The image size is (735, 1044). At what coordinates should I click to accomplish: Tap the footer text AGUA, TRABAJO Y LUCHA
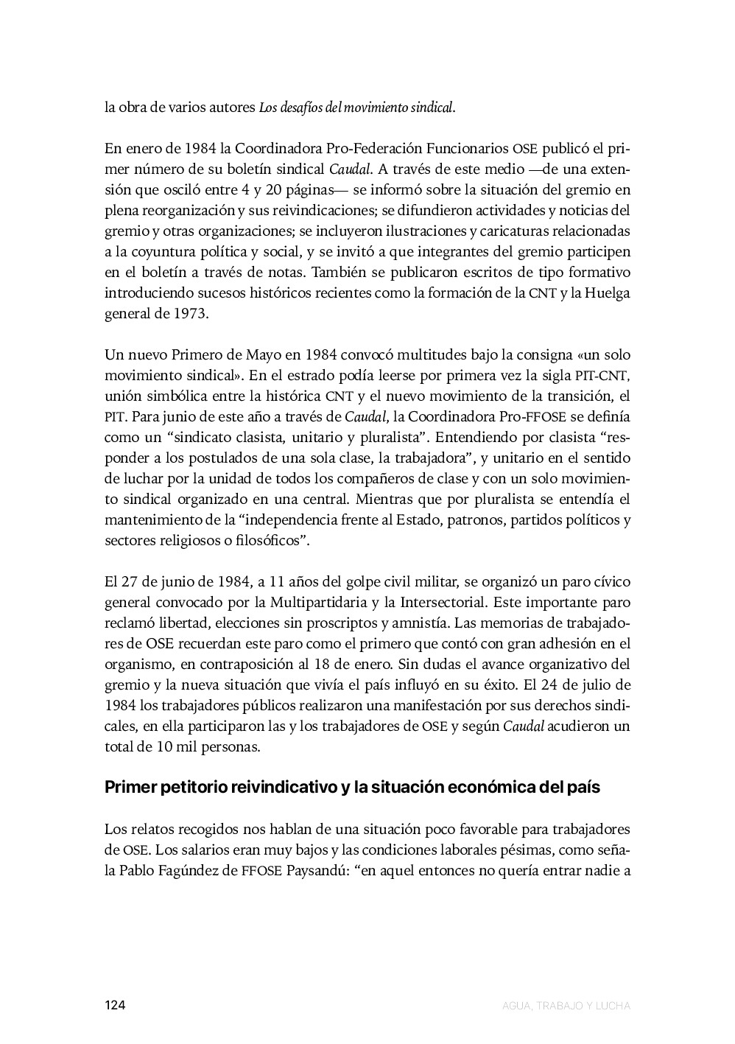tap(566, 1005)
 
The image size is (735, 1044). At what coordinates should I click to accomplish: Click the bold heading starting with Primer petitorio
tap(352, 787)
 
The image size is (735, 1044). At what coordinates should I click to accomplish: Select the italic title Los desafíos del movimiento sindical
tap(356, 108)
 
